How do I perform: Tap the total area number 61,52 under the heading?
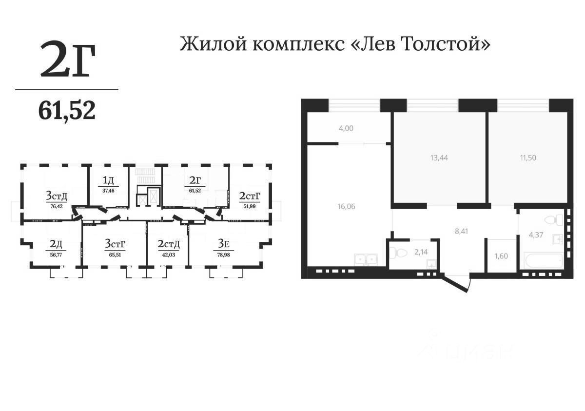67,112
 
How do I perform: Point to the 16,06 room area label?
346,206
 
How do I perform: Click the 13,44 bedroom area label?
439,157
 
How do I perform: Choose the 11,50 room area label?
527,157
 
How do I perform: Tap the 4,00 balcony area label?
346,129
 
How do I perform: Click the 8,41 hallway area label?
461,232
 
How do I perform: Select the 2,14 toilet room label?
420,252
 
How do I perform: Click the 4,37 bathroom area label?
537,235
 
